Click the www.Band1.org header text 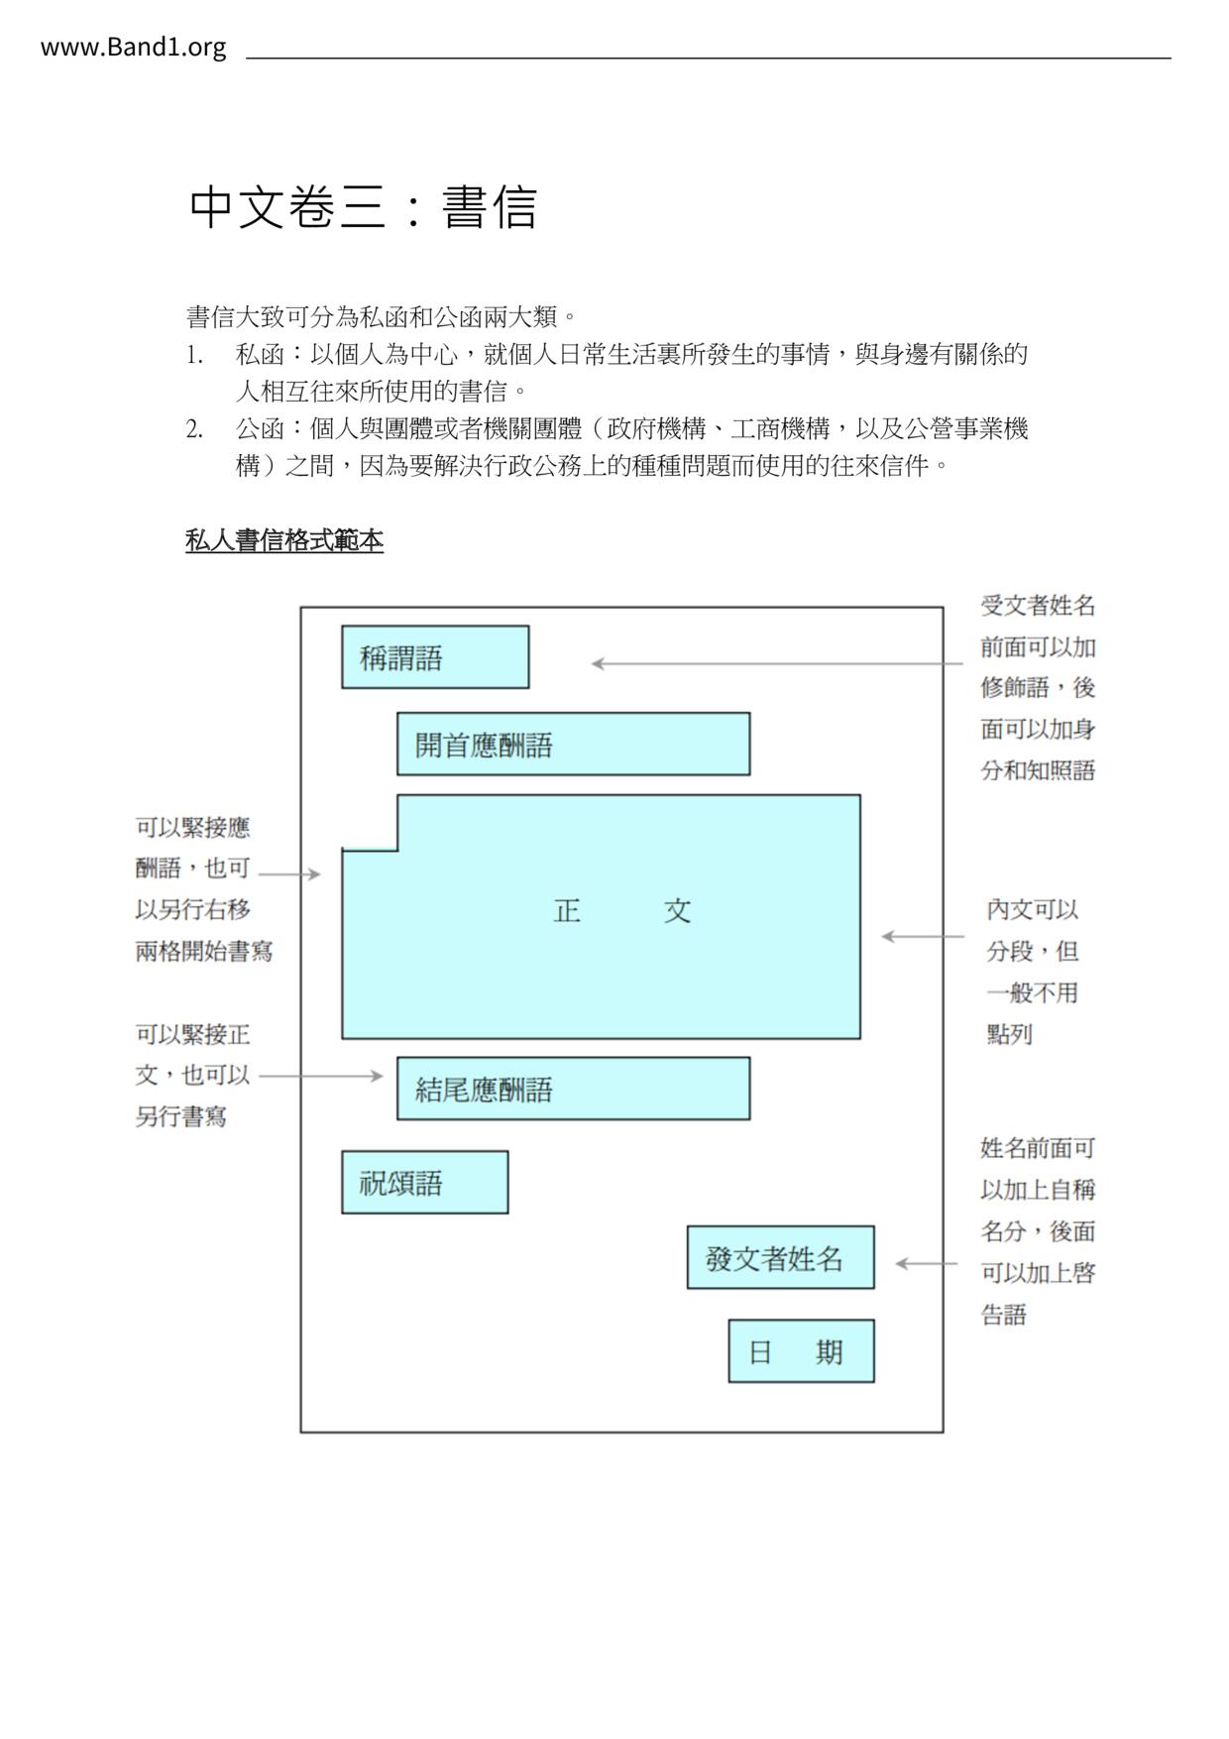pyautogui.click(x=133, y=48)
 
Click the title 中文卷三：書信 pyautogui.click(x=363, y=207)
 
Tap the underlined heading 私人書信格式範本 pyautogui.click(x=284, y=540)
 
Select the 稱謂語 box pyautogui.click(x=435, y=657)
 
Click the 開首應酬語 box pyautogui.click(x=573, y=745)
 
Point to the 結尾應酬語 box pyautogui.click(x=573, y=1089)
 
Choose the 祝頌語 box pyautogui.click(x=424, y=1183)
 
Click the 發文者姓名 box pyautogui.click(x=780, y=1258)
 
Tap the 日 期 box pyautogui.click(x=801, y=1351)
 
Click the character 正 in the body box pyautogui.click(x=567, y=910)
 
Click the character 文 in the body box pyautogui.click(x=677, y=910)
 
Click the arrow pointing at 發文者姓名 pyautogui.click(x=926, y=1263)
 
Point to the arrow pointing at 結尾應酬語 pyautogui.click(x=320, y=1076)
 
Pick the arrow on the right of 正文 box pyautogui.click(x=922, y=936)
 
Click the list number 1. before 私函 pyautogui.click(x=194, y=355)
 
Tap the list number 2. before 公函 pyautogui.click(x=194, y=429)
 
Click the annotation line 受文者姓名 pyautogui.click(x=1038, y=606)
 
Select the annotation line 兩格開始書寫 pyautogui.click(x=204, y=952)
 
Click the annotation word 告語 pyautogui.click(x=1004, y=1316)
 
